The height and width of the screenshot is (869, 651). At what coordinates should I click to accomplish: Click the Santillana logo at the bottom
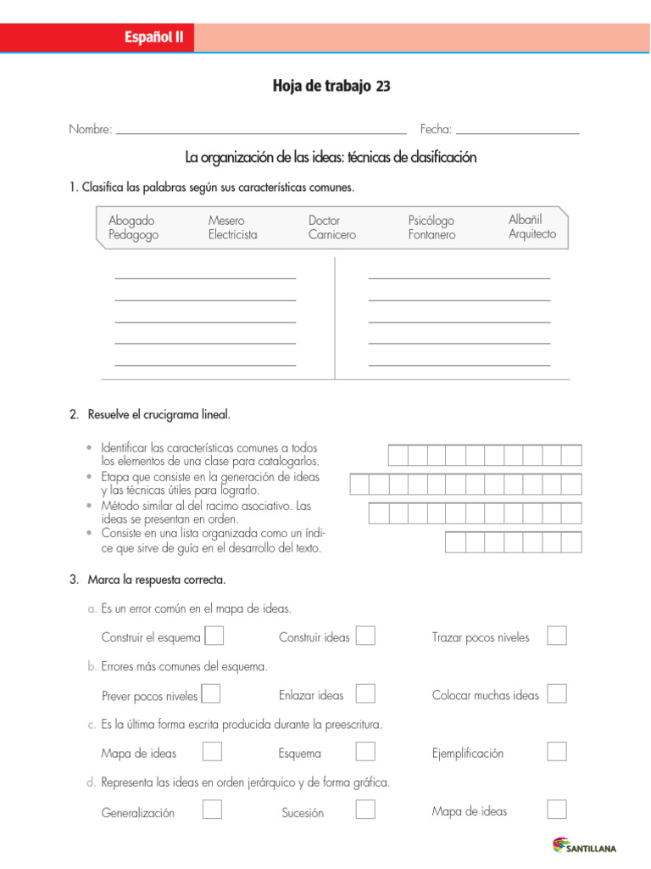tap(585, 846)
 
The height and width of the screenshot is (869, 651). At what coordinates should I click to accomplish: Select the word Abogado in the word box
tap(131, 221)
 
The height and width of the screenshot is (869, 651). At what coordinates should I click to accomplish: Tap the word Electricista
tap(232, 235)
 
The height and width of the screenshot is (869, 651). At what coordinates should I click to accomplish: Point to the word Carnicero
tap(332, 235)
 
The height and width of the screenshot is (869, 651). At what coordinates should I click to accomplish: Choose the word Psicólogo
tap(431, 221)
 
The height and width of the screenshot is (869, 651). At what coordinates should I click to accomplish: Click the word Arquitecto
tap(532, 234)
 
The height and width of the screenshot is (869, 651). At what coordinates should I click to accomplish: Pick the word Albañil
tap(525, 219)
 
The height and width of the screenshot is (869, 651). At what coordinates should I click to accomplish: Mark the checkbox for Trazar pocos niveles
tap(557, 636)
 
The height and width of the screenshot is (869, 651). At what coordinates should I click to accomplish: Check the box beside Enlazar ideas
tap(365, 694)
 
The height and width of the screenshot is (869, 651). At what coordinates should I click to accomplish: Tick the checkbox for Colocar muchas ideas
tap(557, 694)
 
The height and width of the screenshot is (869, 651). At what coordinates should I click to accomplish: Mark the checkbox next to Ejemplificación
tap(557, 752)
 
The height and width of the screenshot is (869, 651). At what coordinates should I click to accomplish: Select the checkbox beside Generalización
tap(213, 810)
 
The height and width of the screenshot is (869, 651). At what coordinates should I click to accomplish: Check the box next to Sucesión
tap(365, 810)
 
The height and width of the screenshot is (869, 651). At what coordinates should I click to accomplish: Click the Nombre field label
tap(90, 130)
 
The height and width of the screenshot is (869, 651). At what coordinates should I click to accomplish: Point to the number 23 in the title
tap(383, 87)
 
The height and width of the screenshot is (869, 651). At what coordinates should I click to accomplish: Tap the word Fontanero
tap(431, 235)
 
